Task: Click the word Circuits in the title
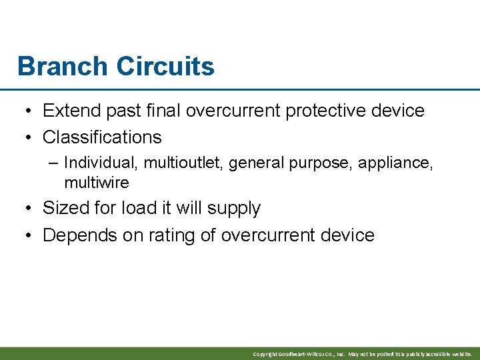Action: [x=165, y=67]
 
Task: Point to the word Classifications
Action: [x=102, y=137]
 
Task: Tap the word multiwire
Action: [x=96, y=182]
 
